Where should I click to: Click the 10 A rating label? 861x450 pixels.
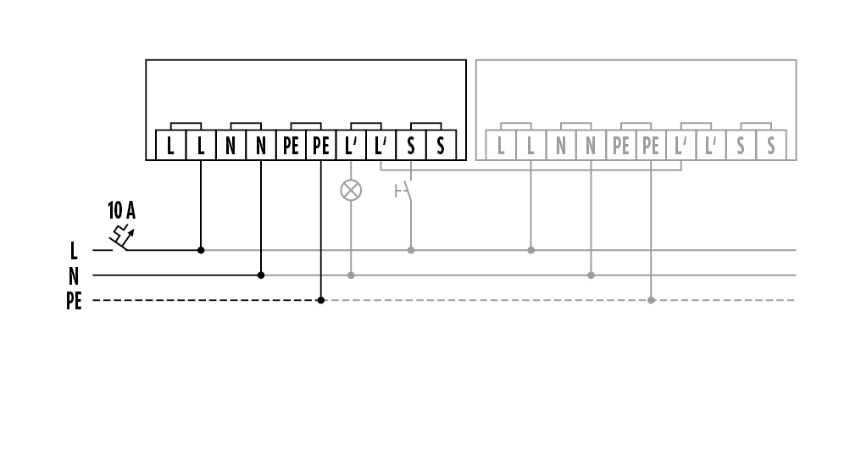coord(121,210)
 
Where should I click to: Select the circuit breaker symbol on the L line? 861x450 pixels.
coord(122,238)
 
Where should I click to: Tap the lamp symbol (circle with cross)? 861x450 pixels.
coord(351,191)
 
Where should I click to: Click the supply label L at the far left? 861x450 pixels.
coord(74,251)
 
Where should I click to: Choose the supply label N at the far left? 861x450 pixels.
coord(74,275)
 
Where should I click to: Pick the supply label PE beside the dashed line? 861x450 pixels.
coord(74,301)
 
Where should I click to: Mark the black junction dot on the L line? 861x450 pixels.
coord(201,250)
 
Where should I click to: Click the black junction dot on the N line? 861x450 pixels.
coord(261,275)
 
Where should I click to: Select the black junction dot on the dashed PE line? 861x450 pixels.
coord(320,300)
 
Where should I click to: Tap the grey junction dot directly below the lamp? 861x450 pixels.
coord(351,275)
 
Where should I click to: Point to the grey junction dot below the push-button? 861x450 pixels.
coord(411,250)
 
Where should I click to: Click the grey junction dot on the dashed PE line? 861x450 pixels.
coord(651,300)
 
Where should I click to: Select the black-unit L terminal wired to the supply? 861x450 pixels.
coord(201,145)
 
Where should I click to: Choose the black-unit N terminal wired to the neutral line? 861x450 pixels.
coord(261,145)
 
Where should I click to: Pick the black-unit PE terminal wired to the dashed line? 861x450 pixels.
coord(320,145)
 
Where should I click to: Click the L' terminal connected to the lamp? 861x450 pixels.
coord(351,145)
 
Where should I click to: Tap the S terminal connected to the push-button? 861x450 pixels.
coord(411,145)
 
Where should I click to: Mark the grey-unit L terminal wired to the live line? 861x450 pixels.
coord(530,145)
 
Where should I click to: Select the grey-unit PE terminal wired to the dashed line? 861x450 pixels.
coord(651,145)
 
